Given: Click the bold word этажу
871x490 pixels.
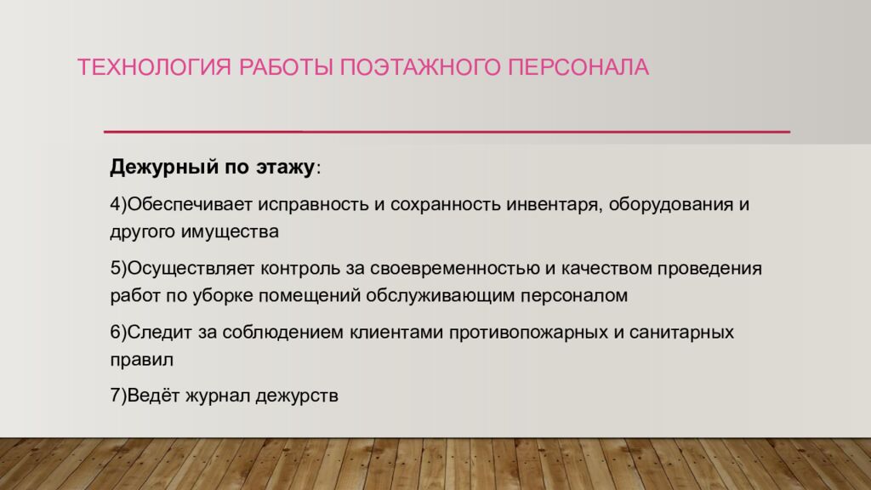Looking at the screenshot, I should point(283,166).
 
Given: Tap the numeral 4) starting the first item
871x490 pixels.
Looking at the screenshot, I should point(117,206).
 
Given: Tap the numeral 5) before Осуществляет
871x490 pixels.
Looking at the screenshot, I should point(117,270).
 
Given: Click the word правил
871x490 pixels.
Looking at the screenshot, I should point(137,358).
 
